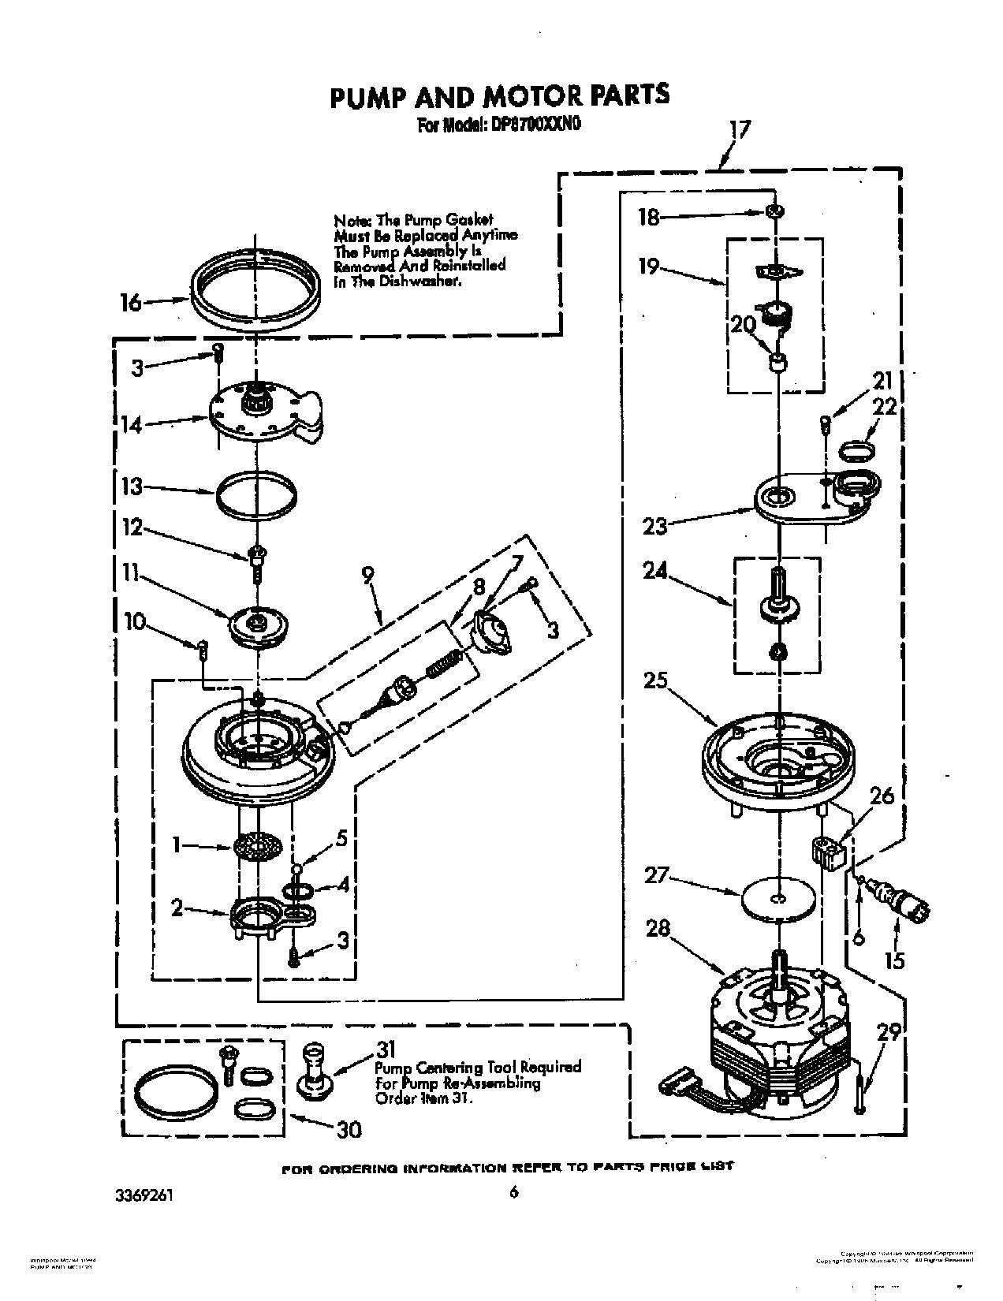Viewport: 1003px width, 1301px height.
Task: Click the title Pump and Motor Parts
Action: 499,95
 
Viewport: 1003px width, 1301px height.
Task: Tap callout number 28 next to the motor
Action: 658,928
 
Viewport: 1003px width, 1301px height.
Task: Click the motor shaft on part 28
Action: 779,969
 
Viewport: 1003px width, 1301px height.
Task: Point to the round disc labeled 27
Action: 778,897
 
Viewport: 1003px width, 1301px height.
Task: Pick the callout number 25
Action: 655,680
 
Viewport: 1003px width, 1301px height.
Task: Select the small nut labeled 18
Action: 776,211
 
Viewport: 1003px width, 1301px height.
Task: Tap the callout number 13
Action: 132,486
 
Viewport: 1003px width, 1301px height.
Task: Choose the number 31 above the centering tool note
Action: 385,1049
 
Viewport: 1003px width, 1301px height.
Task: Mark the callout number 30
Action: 349,1129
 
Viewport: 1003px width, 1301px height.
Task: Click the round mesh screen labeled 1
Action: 257,848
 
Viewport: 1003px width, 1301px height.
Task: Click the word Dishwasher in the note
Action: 422,281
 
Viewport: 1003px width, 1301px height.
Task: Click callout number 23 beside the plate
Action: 655,526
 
